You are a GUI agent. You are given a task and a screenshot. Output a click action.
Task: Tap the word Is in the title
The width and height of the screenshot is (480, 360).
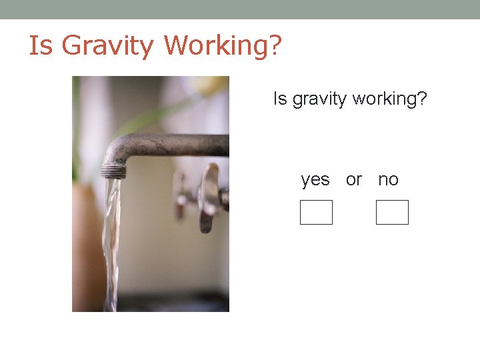tap(39, 45)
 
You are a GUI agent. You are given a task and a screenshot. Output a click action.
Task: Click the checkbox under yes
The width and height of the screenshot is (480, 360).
tap(316, 213)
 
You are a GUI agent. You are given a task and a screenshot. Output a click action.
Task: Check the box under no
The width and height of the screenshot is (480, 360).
tap(392, 213)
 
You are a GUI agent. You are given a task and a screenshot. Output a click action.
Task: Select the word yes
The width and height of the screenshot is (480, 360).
tap(315, 180)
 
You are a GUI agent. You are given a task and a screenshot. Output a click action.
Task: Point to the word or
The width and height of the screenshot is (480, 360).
tap(354, 180)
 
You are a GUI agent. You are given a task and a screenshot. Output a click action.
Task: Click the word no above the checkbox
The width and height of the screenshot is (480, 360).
tap(388, 180)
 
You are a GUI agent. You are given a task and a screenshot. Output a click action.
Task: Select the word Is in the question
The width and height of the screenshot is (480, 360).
tap(279, 99)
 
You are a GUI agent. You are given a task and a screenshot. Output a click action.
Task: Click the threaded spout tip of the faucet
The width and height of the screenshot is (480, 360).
tap(113, 171)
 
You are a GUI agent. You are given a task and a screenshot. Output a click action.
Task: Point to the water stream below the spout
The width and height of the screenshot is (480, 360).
tap(111, 240)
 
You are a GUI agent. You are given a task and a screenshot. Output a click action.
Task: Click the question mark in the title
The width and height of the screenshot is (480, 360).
tap(275, 45)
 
